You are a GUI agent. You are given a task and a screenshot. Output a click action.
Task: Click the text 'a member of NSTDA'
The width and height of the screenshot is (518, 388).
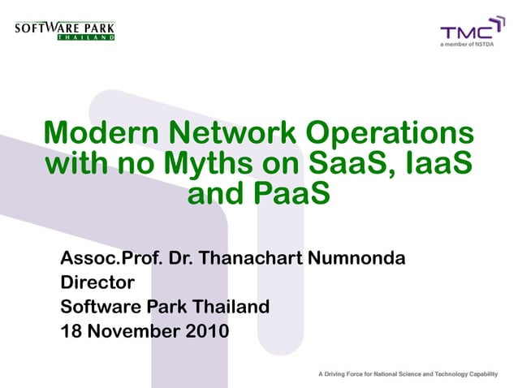pyautogui.click(x=467, y=45)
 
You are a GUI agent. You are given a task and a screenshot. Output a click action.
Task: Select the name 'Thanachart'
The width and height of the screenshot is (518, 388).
pyautogui.click(x=250, y=260)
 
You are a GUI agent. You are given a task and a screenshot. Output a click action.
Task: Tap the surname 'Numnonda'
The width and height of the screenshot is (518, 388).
pyautogui.click(x=356, y=260)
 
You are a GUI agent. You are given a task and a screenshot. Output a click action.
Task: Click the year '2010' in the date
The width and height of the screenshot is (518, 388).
pyautogui.click(x=201, y=331)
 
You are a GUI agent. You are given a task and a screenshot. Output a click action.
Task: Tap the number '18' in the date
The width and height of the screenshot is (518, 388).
pyautogui.click(x=71, y=331)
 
